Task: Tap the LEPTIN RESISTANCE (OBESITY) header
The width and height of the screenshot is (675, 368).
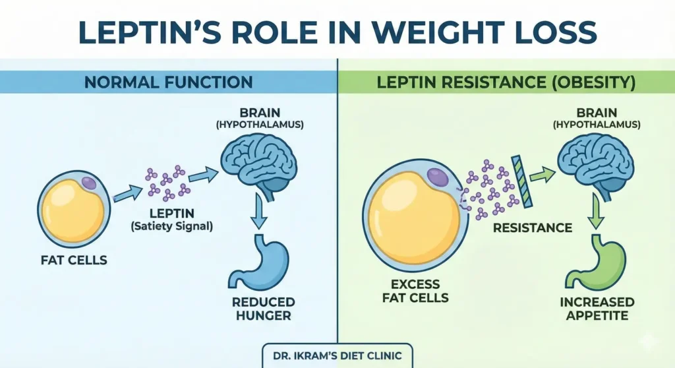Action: click(506, 83)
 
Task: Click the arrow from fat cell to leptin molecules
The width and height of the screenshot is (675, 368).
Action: click(127, 193)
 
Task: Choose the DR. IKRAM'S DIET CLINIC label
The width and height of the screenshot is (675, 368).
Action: click(337, 354)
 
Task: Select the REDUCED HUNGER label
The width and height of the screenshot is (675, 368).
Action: click(262, 309)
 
